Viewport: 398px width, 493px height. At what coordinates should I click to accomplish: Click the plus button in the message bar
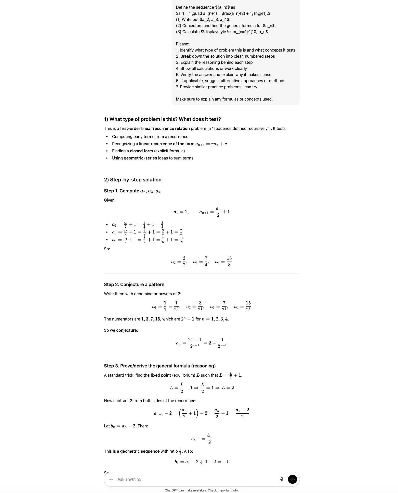click(111, 479)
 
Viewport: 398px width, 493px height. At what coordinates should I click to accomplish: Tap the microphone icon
click(282, 479)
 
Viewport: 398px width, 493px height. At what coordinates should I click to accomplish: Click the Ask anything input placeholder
click(129, 479)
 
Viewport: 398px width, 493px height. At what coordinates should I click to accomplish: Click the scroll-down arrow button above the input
click(202, 462)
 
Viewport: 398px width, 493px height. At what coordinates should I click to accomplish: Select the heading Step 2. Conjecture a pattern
click(134, 285)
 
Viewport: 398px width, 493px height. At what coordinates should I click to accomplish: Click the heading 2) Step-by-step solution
click(132, 180)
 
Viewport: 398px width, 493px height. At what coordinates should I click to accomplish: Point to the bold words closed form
click(141, 151)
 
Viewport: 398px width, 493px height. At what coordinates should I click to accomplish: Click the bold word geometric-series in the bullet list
click(140, 158)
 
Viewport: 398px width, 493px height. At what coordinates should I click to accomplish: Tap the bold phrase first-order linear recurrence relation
click(155, 128)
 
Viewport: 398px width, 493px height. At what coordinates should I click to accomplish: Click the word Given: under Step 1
click(110, 200)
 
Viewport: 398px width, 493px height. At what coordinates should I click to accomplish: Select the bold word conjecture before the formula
click(126, 330)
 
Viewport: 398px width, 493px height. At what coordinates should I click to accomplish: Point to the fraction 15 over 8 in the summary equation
click(229, 262)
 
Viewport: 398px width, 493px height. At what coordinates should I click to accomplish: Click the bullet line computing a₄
click(148, 240)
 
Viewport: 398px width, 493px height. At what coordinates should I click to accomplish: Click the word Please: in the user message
click(182, 44)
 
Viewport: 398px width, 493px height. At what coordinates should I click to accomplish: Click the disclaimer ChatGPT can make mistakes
click(202, 490)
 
